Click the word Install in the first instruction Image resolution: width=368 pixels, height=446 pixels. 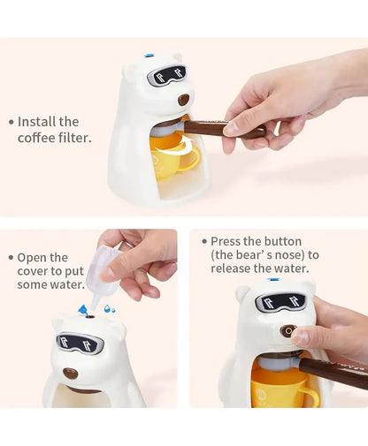tap(37, 122)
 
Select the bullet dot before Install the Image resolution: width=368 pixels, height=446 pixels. tap(11, 122)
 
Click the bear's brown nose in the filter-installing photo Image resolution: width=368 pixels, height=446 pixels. tap(183, 100)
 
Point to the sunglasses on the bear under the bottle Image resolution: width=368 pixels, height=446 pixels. tap(80, 343)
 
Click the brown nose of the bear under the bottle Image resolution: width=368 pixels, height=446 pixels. tap(70, 373)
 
